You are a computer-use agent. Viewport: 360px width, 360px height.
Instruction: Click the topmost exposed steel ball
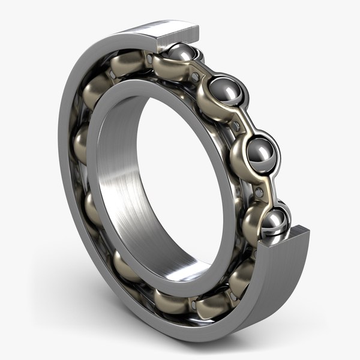pyautogui.click(x=180, y=55)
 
